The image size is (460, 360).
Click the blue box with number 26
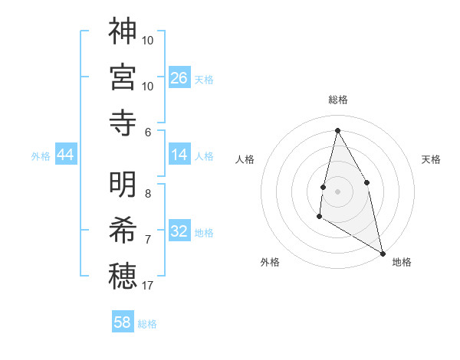click(179, 77)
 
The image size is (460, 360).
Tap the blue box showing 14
click(179, 155)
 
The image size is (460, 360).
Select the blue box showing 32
click(179, 231)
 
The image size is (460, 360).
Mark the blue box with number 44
click(66, 155)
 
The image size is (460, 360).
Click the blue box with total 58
click(123, 322)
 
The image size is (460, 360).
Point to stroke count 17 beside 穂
click(148, 286)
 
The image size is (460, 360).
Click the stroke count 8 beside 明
click(148, 194)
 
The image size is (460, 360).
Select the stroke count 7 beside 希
click(148, 240)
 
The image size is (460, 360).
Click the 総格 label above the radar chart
click(337, 100)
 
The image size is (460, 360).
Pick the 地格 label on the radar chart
click(402, 262)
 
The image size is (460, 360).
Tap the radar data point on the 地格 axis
click(383, 253)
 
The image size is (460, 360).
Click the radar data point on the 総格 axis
click(337, 130)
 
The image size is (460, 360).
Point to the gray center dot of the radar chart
click(337, 189)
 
